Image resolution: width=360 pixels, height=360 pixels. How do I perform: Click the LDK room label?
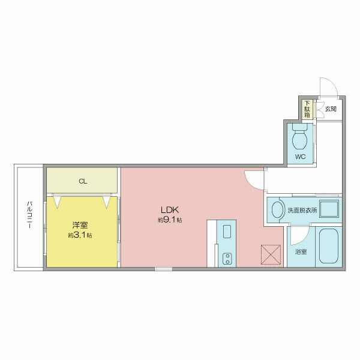point(170,209)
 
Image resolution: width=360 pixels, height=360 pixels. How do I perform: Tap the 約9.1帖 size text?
point(170,220)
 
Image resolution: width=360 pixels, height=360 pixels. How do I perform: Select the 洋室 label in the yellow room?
point(80,225)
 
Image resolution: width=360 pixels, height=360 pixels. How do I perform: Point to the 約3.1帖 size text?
point(80,235)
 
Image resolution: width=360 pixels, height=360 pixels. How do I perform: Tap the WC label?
point(301,157)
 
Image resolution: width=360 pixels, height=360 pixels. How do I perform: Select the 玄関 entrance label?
point(331,109)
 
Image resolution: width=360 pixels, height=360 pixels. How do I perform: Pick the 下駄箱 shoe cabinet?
point(307,109)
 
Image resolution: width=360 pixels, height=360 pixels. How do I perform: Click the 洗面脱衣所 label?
point(302,210)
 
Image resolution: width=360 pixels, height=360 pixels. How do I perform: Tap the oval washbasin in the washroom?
point(277,210)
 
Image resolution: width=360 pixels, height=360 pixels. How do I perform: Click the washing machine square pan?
point(329,209)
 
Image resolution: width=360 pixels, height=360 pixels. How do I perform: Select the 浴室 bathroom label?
point(301,251)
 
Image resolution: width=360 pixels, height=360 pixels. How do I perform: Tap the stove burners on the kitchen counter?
point(227,259)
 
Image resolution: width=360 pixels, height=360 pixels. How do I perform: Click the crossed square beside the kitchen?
point(271,254)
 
